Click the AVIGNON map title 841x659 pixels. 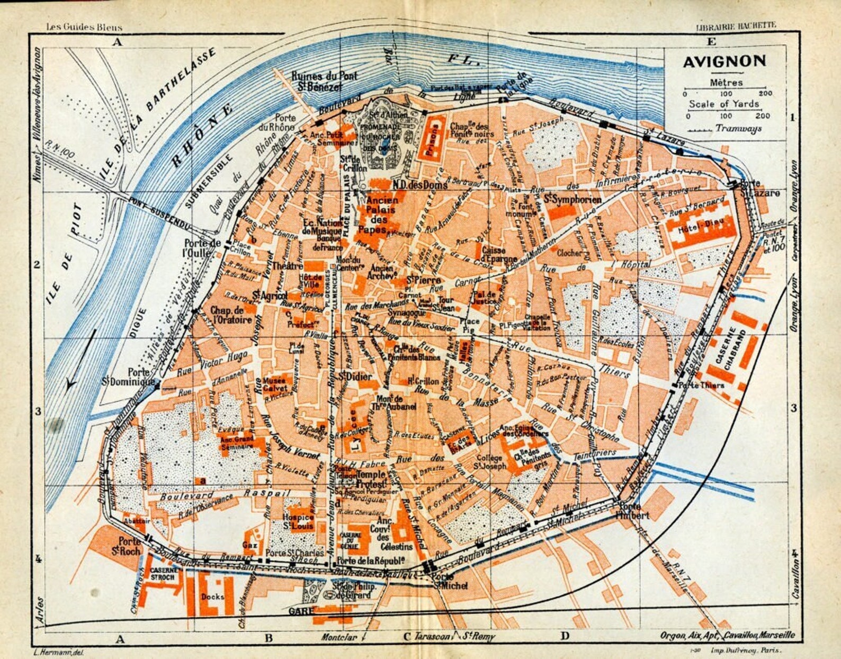pos(724,61)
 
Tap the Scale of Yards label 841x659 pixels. pos(724,104)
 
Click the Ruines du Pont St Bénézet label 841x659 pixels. pos(324,81)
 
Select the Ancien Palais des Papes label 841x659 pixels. pos(381,215)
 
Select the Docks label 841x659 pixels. pos(212,596)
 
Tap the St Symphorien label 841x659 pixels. pos(573,200)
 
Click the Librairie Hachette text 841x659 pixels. pos(735,25)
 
